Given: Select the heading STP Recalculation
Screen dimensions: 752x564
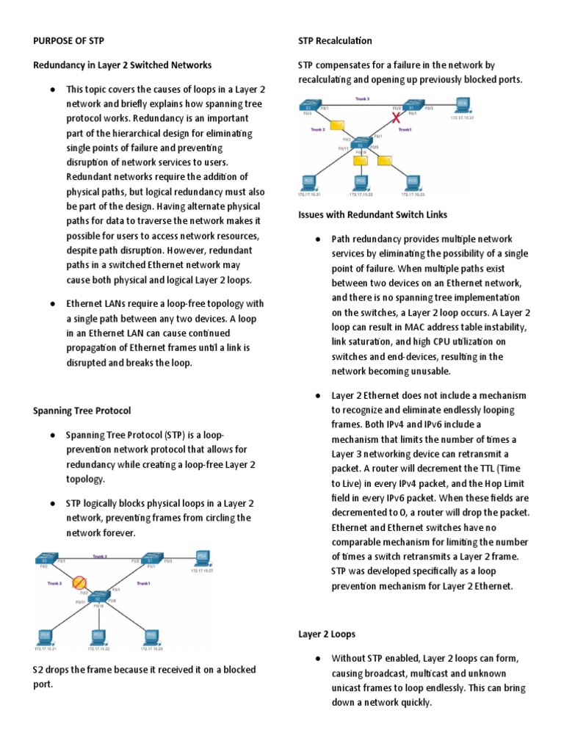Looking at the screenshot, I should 335,40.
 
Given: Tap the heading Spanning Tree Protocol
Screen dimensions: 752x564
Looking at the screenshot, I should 82,411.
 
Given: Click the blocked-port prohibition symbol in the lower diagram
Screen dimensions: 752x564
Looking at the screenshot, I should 78,584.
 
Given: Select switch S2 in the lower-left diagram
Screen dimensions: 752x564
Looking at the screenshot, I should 98,596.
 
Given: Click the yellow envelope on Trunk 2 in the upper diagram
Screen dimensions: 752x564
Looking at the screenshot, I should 338,125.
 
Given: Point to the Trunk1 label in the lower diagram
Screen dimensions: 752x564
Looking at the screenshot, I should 143,582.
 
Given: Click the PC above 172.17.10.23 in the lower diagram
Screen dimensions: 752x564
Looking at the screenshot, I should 151,635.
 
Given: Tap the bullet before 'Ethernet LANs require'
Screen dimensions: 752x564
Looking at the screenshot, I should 54,303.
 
